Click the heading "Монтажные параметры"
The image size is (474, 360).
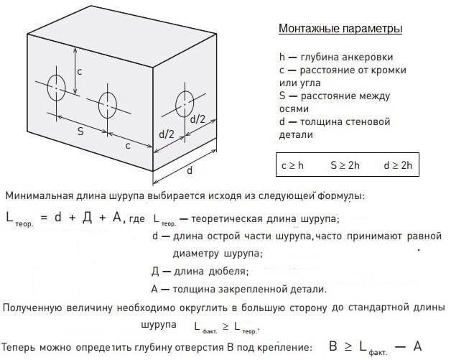tap(340, 29)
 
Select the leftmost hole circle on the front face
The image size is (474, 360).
tap(56, 88)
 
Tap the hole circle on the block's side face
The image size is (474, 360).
tap(185, 103)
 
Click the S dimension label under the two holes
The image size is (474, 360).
tap(80, 131)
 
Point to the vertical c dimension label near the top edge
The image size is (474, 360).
tap(80, 72)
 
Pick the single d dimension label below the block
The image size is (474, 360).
tap(190, 170)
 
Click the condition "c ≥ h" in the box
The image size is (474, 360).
tap(292, 165)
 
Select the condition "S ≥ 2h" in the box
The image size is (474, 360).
tap(345, 165)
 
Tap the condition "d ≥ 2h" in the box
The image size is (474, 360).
tap(398, 165)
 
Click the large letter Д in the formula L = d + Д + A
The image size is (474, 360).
tap(87, 218)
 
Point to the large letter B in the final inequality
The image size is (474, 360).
tap(333, 346)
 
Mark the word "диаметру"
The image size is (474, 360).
tap(195, 253)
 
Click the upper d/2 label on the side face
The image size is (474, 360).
tap(197, 119)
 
